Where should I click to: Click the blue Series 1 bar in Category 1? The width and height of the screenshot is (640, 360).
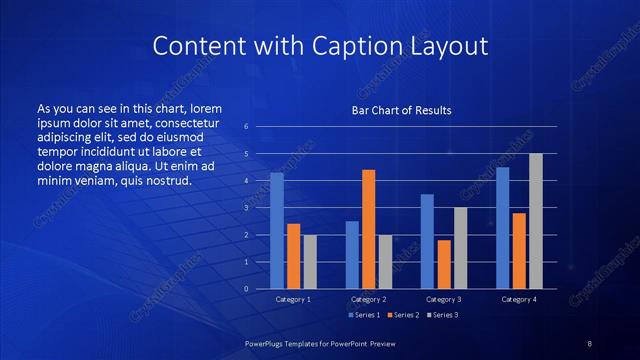(x=277, y=231)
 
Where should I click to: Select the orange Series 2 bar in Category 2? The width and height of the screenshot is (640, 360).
(x=368, y=229)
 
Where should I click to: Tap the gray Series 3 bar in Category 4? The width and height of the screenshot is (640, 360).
(x=536, y=221)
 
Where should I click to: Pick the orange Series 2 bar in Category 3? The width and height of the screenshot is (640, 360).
(x=444, y=264)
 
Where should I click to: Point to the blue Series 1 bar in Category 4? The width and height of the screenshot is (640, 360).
(x=503, y=228)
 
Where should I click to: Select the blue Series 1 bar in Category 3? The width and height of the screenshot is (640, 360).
(x=427, y=241)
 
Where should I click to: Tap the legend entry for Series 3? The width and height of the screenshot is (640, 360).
(x=441, y=315)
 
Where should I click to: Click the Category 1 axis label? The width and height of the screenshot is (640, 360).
(x=293, y=299)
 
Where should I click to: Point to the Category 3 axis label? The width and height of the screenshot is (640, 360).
(x=443, y=299)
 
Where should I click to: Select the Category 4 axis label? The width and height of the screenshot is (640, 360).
(x=519, y=299)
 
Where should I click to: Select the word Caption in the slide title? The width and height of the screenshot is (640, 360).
(x=378, y=46)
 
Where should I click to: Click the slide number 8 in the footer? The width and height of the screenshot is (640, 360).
(x=589, y=343)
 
